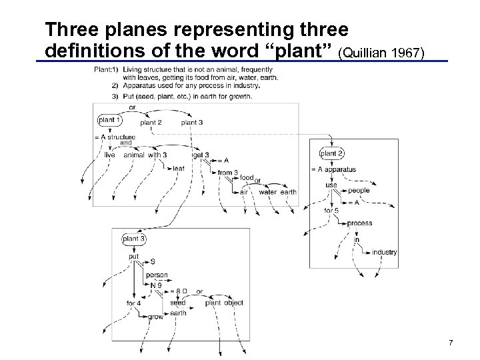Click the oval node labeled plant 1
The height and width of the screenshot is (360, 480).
[x=109, y=121]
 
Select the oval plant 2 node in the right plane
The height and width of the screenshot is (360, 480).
[x=332, y=154]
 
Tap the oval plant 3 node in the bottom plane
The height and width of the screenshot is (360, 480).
[x=134, y=239]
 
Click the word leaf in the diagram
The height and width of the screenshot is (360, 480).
[x=178, y=169]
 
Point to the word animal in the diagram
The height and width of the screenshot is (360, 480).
[x=134, y=155]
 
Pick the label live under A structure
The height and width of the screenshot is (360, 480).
[x=110, y=155]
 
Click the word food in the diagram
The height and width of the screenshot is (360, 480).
[x=247, y=177]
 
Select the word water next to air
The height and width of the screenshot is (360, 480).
[x=267, y=192]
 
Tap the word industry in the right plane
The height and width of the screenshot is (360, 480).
[x=385, y=253]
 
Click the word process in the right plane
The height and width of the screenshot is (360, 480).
[x=359, y=223]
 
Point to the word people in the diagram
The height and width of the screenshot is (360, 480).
[x=359, y=191]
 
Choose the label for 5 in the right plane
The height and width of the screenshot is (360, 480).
[x=331, y=211]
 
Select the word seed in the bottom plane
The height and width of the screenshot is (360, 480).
[x=177, y=303]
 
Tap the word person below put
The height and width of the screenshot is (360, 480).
[x=157, y=275]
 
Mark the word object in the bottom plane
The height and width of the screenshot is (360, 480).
[x=233, y=303]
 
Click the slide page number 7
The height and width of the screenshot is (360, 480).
[x=451, y=343]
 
